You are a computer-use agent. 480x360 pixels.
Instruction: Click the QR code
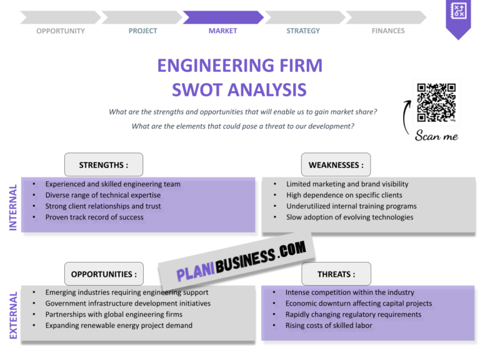point(436,102)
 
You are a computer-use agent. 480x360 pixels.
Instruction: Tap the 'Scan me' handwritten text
point(436,136)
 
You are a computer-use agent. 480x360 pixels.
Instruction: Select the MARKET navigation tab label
point(222,31)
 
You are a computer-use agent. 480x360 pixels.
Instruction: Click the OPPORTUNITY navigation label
point(61,31)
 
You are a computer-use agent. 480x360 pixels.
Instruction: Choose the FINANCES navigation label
point(388,31)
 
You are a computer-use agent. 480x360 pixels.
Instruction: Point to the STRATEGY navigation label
point(303,31)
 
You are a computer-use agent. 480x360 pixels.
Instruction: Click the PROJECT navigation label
point(143,31)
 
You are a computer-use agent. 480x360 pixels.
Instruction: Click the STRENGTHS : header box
point(104,165)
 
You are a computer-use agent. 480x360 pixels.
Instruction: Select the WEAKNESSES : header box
point(336,165)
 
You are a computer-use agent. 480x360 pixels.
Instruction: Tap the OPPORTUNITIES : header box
point(104,274)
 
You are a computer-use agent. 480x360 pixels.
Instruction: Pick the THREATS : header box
point(336,274)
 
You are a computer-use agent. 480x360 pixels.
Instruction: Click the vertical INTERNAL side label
point(13,207)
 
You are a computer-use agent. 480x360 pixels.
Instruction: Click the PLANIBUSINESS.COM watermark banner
point(241,261)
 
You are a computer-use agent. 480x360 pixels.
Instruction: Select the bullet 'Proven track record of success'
point(94,217)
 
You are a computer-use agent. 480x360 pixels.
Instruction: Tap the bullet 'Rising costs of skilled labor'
point(329,326)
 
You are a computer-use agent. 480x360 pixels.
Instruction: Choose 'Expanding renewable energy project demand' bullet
point(119,326)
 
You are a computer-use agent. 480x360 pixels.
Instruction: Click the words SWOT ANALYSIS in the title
point(239,89)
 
